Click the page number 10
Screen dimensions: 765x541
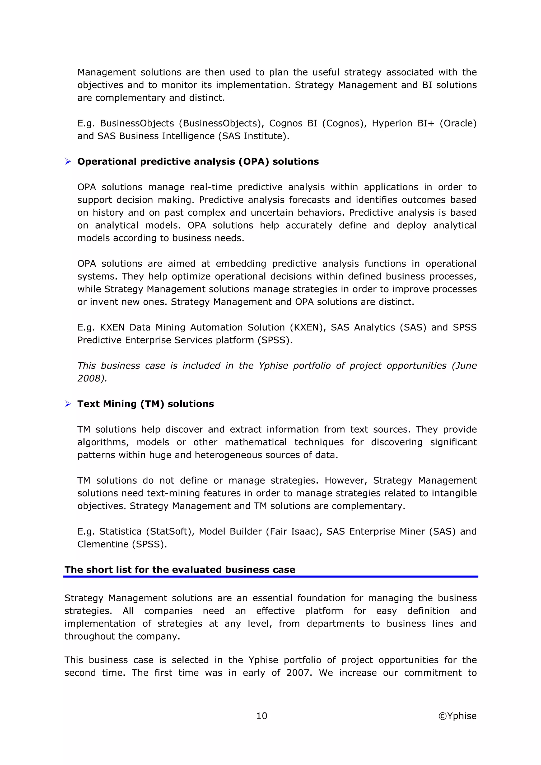click(262, 716)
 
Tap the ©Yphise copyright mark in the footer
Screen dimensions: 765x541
click(457, 716)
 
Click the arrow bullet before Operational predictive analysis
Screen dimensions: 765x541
click(68, 162)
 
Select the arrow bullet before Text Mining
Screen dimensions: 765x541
click(68, 404)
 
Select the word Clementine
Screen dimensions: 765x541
click(103, 544)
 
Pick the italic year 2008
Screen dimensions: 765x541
click(91, 379)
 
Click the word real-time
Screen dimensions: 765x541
click(211, 187)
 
